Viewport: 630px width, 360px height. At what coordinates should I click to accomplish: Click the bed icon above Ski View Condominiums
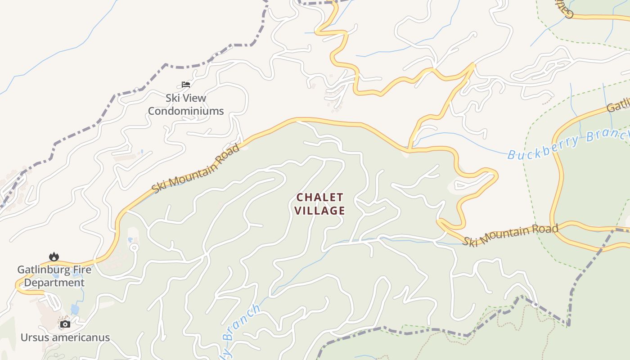click(186, 85)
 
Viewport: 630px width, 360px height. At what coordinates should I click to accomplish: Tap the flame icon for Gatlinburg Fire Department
click(54, 256)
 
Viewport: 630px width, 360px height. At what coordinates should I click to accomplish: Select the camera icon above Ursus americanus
click(65, 324)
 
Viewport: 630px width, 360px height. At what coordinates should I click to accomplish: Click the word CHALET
click(320, 198)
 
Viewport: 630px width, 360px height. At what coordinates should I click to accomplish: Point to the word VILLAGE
click(320, 211)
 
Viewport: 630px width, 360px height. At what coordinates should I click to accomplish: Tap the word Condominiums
click(186, 111)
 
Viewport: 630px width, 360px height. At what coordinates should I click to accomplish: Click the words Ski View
click(186, 98)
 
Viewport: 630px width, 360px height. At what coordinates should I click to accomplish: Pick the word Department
click(54, 283)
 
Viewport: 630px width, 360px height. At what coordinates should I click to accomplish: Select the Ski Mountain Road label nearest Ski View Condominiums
click(196, 168)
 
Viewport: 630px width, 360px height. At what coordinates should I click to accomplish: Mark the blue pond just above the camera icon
click(75, 310)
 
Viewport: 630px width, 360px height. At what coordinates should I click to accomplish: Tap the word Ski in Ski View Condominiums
click(172, 98)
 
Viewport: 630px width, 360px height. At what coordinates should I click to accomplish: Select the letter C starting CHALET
click(300, 198)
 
